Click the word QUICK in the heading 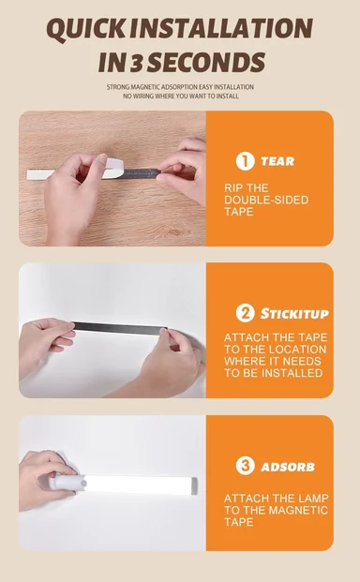click(x=86, y=29)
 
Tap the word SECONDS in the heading click(x=206, y=62)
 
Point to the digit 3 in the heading click(x=136, y=63)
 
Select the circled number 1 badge click(x=245, y=161)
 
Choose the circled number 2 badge click(x=245, y=313)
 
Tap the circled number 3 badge click(x=245, y=466)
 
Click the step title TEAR click(x=277, y=161)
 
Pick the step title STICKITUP click(x=294, y=314)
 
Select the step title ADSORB click(x=288, y=467)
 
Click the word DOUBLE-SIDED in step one click(x=266, y=200)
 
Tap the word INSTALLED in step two click(x=297, y=373)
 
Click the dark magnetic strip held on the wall click(x=119, y=328)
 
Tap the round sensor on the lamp click(x=84, y=484)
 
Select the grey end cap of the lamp click(x=194, y=485)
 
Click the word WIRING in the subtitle click(x=142, y=97)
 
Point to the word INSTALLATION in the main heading click(x=221, y=29)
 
